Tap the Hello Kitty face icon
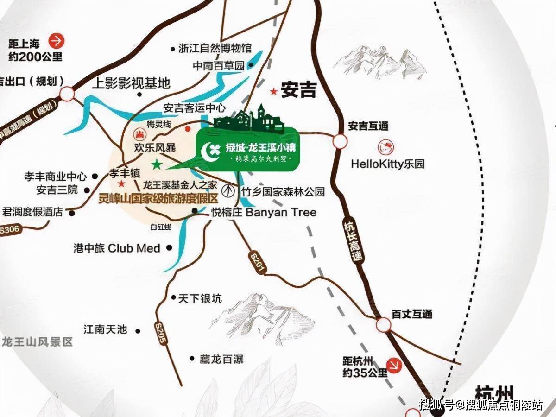[x=385, y=147]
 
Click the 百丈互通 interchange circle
[x=383, y=324]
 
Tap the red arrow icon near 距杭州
[x=395, y=366]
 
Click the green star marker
[x=157, y=164]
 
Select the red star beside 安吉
[x=275, y=92]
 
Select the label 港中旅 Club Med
[x=117, y=248]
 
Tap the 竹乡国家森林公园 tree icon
[x=227, y=190]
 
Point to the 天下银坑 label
[x=200, y=299]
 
